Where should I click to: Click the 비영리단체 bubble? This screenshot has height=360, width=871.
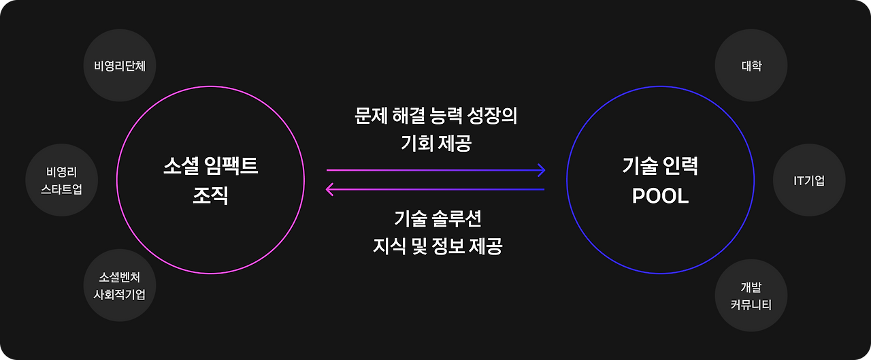click(120, 66)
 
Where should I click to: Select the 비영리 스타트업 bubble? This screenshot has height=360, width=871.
click(61, 180)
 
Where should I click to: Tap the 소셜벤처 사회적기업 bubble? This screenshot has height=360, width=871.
click(120, 287)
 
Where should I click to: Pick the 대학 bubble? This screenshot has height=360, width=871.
click(751, 66)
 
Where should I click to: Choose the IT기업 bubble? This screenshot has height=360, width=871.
click(809, 180)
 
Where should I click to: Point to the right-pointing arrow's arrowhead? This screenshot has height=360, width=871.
click(542, 169)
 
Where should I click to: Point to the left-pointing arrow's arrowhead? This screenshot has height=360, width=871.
click(330, 189)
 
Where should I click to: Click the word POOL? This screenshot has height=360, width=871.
click(660, 197)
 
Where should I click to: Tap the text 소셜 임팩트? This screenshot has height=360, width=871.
click(210, 166)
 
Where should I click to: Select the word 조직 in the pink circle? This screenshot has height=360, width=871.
click(210, 197)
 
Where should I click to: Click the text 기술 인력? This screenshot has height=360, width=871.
click(660, 166)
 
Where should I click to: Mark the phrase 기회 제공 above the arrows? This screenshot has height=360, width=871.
click(435, 143)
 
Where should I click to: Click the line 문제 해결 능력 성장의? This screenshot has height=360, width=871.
click(435, 116)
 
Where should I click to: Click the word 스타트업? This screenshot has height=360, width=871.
click(62, 189)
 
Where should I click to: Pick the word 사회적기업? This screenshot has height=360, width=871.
click(120, 295)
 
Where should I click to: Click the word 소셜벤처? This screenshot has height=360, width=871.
click(120, 278)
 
